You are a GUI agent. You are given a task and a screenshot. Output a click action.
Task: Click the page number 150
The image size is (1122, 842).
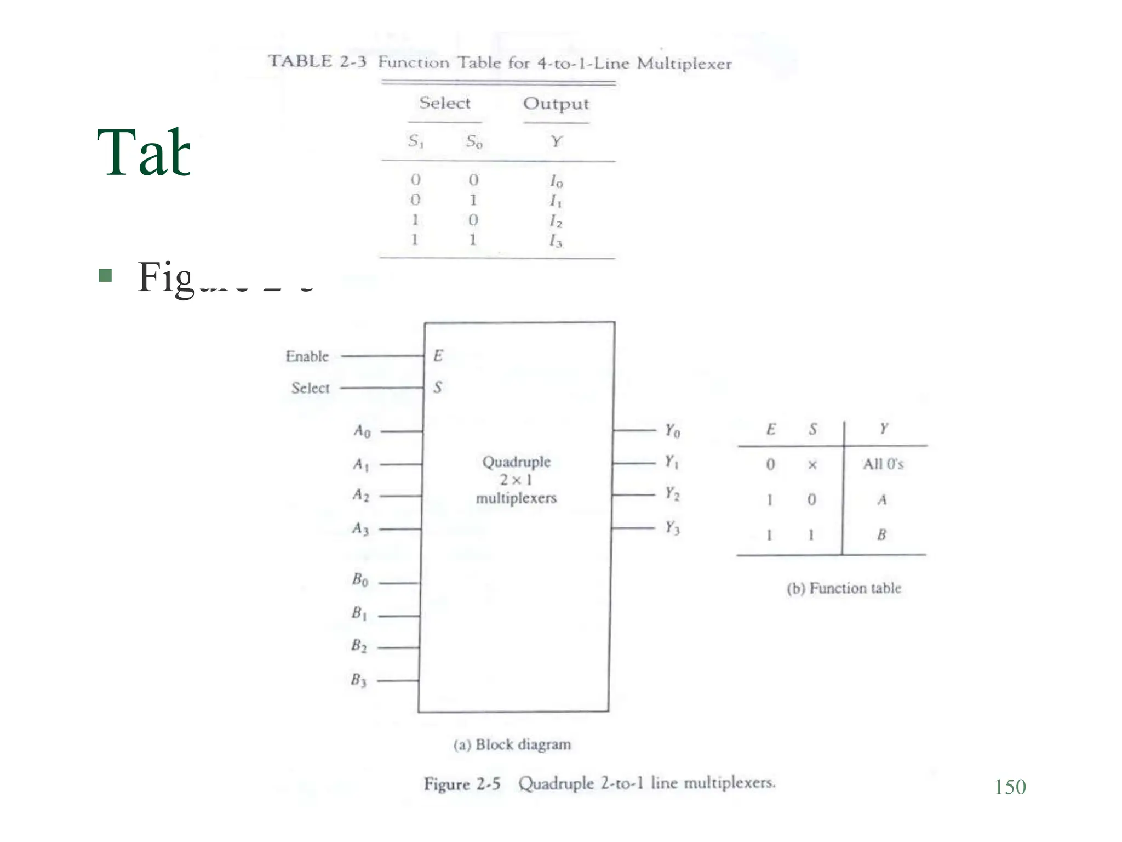pyautogui.click(x=1010, y=787)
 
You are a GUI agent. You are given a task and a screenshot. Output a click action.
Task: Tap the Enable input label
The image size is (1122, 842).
pyautogui.click(x=307, y=356)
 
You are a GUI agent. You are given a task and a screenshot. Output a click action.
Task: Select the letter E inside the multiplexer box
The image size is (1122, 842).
pyautogui.click(x=438, y=356)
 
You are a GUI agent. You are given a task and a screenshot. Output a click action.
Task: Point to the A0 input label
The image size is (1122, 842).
pyautogui.click(x=362, y=431)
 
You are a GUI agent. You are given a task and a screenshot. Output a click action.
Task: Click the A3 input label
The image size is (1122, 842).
pyautogui.click(x=360, y=528)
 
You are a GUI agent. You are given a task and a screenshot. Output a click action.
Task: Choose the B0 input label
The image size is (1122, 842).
pyautogui.click(x=360, y=579)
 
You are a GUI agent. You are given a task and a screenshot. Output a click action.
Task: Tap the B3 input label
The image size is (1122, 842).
pyautogui.click(x=358, y=680)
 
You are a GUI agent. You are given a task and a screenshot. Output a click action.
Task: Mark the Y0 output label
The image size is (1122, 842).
pyautogui.click(x=672, y=431)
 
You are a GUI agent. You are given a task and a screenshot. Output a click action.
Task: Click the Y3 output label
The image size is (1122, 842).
pyautogui.click(x=672, y=528)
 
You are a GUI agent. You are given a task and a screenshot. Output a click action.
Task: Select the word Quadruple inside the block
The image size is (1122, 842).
pyautogui.click(x=516, y=462)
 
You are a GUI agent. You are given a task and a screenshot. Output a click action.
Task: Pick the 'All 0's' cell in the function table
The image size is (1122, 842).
pyautogui.click(x=883, y=464)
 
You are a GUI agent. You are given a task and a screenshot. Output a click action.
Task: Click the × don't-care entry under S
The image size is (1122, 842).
pyautogui.click(x=812, y=465)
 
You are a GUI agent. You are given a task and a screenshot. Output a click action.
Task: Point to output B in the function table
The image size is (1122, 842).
pyautogui.click(x=881, y=534)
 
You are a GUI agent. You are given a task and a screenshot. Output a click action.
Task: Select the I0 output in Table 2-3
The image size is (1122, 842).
pyautogui.click(x=556, y=180)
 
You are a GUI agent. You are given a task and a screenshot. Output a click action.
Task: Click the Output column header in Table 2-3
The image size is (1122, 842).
pyautogui.click(x=556, y=104)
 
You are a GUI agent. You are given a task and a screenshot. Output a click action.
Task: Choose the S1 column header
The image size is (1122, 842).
pyautogui.click(x=416, y=141)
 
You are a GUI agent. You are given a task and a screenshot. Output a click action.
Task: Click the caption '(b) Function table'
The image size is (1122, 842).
pyautogui.click(x=844, y=588)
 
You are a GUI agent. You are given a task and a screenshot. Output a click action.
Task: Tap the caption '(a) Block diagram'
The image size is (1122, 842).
pyautogui.click(x=512, y=744)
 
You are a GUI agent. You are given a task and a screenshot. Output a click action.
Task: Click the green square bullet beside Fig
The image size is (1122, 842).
pyautogui.click(x=105, y=275)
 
